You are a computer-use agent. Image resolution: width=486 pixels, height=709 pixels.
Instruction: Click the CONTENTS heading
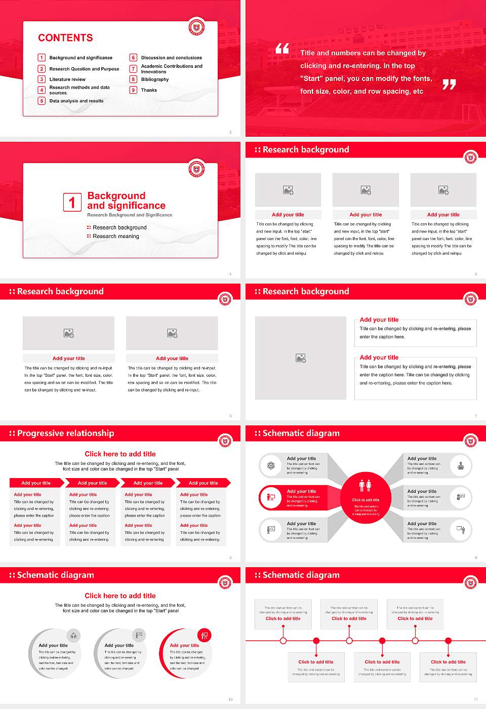click(x=65, y=38)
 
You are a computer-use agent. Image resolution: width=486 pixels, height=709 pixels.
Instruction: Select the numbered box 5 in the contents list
click(x=42, y=101)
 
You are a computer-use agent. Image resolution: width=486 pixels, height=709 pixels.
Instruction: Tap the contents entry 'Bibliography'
click(x=155, y=80)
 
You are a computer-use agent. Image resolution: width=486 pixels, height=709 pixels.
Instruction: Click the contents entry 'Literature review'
click(x=67, y=80)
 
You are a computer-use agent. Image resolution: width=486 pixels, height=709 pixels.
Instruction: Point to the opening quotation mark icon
click(x=282, y=49)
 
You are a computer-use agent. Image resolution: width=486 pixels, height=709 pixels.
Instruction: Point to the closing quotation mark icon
click(x=449, y=85)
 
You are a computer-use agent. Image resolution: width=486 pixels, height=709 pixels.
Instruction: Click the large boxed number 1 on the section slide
click(x=72, y=202)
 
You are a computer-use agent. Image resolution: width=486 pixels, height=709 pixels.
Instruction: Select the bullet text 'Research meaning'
click(x=115, y=237)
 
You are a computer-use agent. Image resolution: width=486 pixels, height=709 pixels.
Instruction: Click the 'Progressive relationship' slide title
click(x=65, y=434)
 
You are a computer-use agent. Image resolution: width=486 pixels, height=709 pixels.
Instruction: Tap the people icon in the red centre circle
click(x=365, y=486)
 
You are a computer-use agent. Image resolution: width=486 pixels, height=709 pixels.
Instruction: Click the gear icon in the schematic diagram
click(x=271, y=465)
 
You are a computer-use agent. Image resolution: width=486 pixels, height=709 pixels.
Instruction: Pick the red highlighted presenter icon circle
click(x=271, y=497)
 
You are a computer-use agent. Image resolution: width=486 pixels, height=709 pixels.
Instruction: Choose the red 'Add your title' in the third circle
click(x=184, y=646)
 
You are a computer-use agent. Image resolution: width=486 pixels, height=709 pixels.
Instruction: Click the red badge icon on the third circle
click(x=205, y=635)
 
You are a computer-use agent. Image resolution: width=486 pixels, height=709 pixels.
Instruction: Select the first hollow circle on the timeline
click(x=283, y=641)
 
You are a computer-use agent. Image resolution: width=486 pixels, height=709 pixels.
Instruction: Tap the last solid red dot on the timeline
click(x=448, y=641)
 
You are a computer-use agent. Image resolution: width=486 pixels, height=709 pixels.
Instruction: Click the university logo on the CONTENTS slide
click(x=196, y=27)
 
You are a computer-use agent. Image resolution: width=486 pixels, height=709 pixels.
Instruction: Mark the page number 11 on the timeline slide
click(x=475, y=699)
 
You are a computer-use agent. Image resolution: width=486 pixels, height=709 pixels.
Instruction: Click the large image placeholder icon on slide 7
click(x=301, y=358)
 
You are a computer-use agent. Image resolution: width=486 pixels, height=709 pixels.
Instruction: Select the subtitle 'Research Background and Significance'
click(x=130, y=215)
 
